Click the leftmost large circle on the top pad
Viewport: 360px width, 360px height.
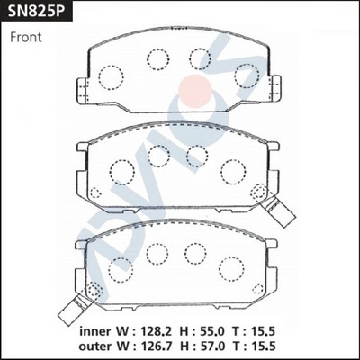[111, 77]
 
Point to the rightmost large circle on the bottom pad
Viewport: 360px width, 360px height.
[238, 264]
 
